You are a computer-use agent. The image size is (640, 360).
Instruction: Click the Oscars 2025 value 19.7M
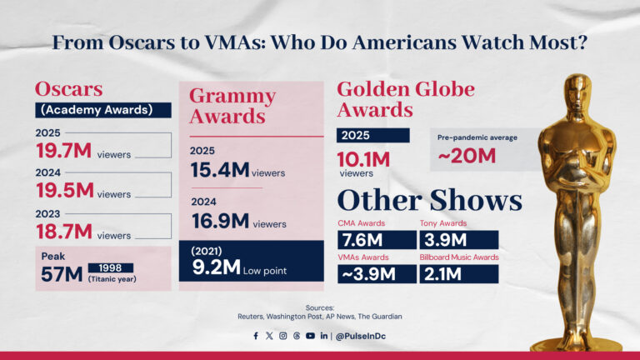point(64,151)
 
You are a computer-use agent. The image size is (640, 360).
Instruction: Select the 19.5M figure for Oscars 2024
point(64,191)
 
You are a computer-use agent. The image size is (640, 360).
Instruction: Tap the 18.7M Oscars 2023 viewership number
point(64,233)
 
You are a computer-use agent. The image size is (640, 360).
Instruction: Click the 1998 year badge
point(110,267)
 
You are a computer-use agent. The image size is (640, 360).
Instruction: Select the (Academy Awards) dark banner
point(102,110)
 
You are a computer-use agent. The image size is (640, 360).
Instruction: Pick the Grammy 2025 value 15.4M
point(219,171)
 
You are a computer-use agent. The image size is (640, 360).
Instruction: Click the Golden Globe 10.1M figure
point(365,157)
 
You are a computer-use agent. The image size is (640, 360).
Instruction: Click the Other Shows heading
point(429,200)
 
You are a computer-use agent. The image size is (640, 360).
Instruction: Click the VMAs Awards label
point(364,257)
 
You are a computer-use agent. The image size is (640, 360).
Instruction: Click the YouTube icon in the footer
point(310,336)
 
